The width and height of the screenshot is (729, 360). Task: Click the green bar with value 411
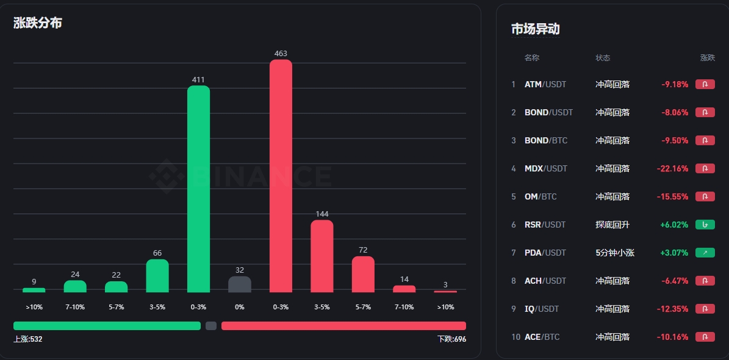tap(198, 189)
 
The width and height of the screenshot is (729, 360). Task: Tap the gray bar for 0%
tap(240, 284)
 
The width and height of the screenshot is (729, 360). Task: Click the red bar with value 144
tap(322, 256)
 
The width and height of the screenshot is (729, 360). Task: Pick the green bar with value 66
tap(157, 276)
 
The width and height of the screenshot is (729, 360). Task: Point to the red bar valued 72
tap(363, 274)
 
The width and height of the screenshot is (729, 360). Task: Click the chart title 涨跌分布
tap(38, 23)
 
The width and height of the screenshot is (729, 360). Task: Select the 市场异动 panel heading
tap(535, 29)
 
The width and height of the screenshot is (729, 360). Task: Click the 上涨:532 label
tap(28, 339)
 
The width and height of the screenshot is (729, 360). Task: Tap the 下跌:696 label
tap(451, 339)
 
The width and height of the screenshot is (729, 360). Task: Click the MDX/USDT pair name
tap(545, 168)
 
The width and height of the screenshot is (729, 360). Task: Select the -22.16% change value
tap(672, 168)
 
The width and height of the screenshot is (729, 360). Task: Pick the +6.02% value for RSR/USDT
tap(674, 225)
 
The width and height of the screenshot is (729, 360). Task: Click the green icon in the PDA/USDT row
tap(705, 253)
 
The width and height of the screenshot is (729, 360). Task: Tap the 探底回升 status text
tap(612, 225)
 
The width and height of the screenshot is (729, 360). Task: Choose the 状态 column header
tap(603, 58)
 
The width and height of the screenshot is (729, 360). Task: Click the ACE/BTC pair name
tap(542, 337)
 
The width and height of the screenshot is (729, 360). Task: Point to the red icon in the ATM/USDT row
tap(705, 84)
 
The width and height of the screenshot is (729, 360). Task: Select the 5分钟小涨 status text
tap(615, 253)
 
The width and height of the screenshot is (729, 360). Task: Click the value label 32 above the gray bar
tap(240, 270)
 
